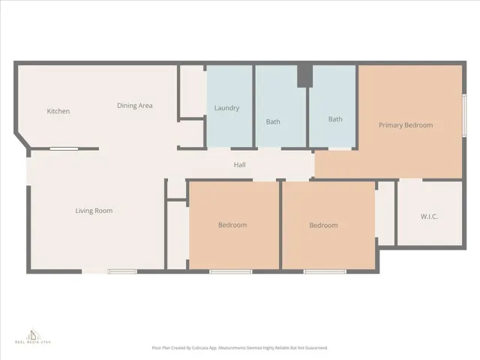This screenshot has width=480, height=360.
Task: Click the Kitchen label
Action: tap(58, 112)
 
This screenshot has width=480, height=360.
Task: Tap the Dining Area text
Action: tap(134, 106)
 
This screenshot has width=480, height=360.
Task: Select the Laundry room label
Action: tap(226, 108)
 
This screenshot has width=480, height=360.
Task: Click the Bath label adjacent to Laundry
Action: tap(273, 121)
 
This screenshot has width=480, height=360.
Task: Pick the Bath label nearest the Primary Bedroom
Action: tap(334, 119)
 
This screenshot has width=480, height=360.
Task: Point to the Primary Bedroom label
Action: tap(405, 125)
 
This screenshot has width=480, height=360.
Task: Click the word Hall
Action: tap(239, 165)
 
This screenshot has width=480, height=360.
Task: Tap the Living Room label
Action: tap(94, 211)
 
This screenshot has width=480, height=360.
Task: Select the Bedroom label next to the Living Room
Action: tap(232, 225)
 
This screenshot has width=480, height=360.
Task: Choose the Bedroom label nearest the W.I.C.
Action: tap(323, 225)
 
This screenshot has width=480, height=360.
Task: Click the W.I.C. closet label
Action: tap(429, 217)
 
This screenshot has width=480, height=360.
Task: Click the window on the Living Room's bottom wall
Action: tap(122, 271)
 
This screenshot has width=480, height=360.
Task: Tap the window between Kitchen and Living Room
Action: tap(64, 149)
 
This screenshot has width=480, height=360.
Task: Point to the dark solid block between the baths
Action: tap(304, 76)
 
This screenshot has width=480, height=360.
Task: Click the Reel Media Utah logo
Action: tap(32, 335)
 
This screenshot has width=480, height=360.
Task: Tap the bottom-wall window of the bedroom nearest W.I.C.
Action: tap(319, 271)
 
